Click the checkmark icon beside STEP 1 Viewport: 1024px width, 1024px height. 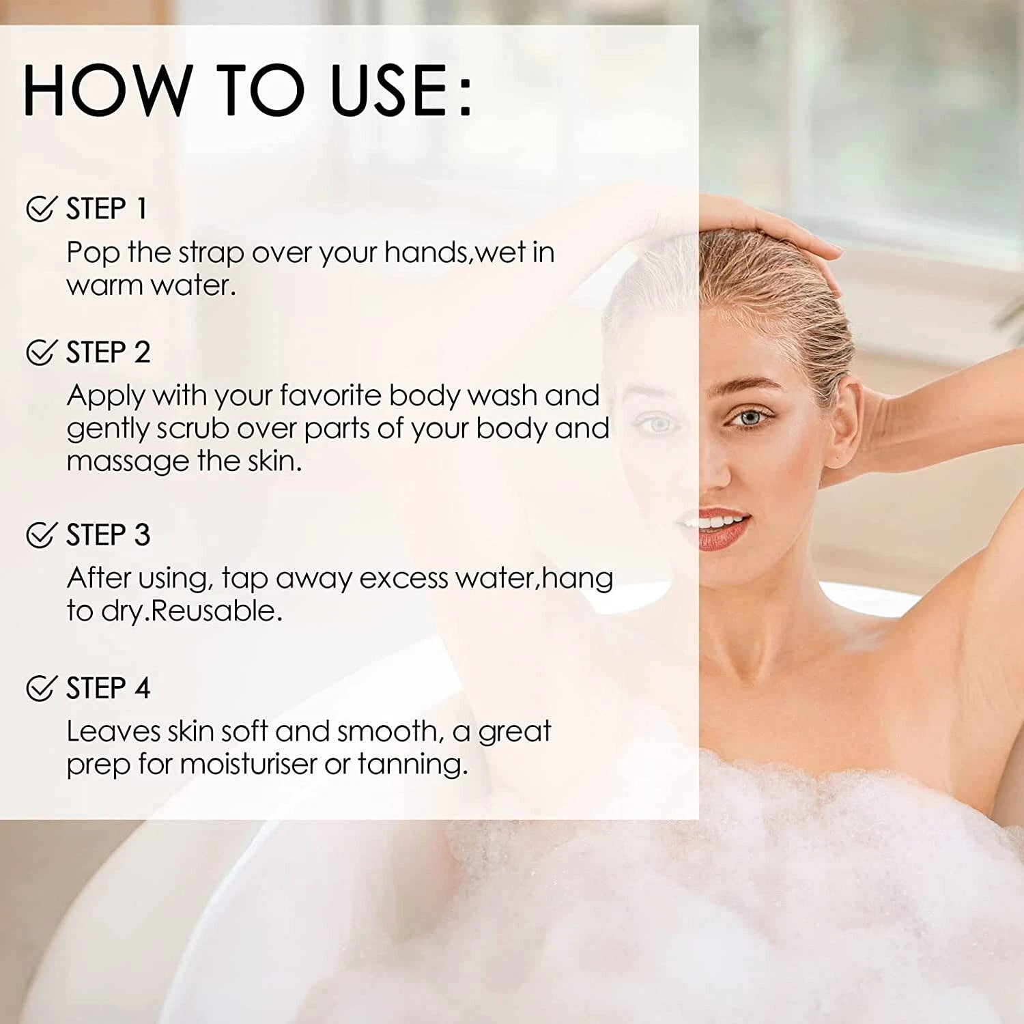click(x=40, y=208)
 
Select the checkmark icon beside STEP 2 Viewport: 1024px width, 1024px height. click(x=40, y=352)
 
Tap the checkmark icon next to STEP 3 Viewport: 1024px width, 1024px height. click(x=40, y=535)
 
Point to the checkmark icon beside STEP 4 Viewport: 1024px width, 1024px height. click(x=40, y=687)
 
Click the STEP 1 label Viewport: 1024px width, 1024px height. click(x=107, y=209)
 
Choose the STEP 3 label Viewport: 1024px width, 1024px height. click(x=108, y=535)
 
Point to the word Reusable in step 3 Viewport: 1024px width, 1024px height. click(x=216, y=610)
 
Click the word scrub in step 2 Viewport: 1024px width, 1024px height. click(x=193, y=429)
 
